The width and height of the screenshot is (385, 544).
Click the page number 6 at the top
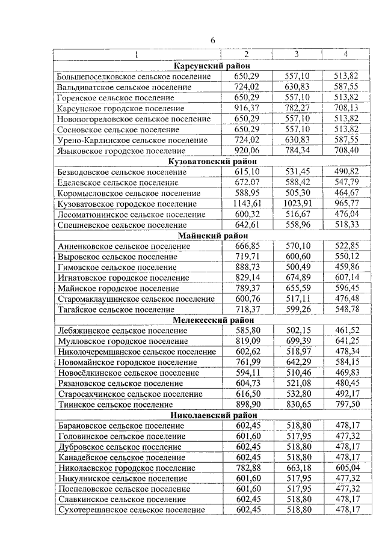[212, 40]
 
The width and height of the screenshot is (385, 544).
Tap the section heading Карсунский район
[212, 66]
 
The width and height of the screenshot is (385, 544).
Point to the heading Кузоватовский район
[212, 161]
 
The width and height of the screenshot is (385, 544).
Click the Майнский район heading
[212, 236]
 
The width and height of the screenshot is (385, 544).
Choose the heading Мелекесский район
[212, 320]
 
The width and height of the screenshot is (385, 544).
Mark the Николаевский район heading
[212, 415]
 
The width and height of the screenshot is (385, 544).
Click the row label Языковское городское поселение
[121, 151]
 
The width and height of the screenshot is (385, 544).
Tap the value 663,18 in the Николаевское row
[295, 468]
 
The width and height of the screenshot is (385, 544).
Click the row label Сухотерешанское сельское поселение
[131, 510]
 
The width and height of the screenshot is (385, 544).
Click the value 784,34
[295, 151]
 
